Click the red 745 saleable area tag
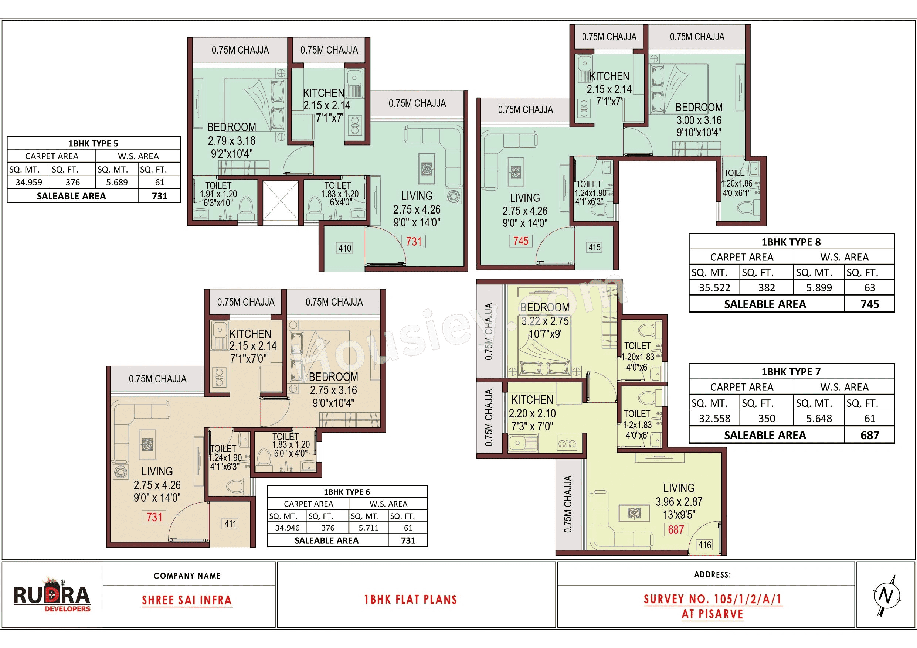[x=521, y=241]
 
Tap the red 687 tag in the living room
[x=676, y=530]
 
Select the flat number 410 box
[x=345, y=248]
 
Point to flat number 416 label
[x=704, y=545]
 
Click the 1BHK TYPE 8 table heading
[x=791, y=242]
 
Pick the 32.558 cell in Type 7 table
[x=714, y=419]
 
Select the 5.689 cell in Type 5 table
[x=117, y=183]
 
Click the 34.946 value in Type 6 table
[x=287, y=528]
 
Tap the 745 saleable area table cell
[x=869, y=304]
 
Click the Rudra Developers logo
[x=52, y=595]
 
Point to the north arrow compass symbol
[x=886, y=595]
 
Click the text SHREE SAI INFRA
[x=187, y=600]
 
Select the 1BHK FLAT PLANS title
[x=410, y=600]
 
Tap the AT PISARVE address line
[x=712, y=614]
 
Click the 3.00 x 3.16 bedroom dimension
[x=699, y=120]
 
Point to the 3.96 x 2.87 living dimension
[x=679, y=502]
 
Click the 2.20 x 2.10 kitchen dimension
[x=532, y=413]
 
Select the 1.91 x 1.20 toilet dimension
[x=218, y=194]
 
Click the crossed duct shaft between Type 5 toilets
[x=281, y=201]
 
